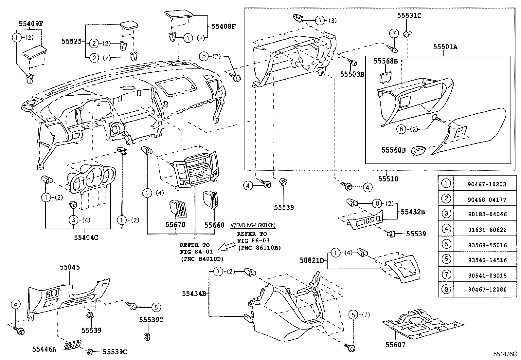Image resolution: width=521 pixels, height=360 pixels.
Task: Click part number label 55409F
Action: [31, 24]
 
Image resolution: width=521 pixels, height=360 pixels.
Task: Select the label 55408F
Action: [223, 26]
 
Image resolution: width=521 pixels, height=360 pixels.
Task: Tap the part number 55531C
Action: [409, 15]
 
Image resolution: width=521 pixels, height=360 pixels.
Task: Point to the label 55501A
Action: [445, 47]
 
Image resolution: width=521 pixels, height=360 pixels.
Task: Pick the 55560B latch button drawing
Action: [419, 151]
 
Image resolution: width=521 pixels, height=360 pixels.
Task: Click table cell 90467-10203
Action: [487, 184]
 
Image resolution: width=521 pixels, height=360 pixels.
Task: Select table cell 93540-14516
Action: [487, 260]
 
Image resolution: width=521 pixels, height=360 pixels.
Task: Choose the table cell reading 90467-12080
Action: [487, 290]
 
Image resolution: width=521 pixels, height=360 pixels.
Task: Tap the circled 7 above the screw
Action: [394, 33]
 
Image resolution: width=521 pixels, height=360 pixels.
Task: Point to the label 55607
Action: [395, 345]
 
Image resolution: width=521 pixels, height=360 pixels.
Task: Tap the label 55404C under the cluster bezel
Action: [86, 237]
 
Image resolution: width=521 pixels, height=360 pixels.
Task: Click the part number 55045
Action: [69, 267]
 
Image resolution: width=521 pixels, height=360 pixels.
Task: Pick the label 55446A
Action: [44, 349]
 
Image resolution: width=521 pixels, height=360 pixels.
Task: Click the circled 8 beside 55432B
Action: [377, 203]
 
